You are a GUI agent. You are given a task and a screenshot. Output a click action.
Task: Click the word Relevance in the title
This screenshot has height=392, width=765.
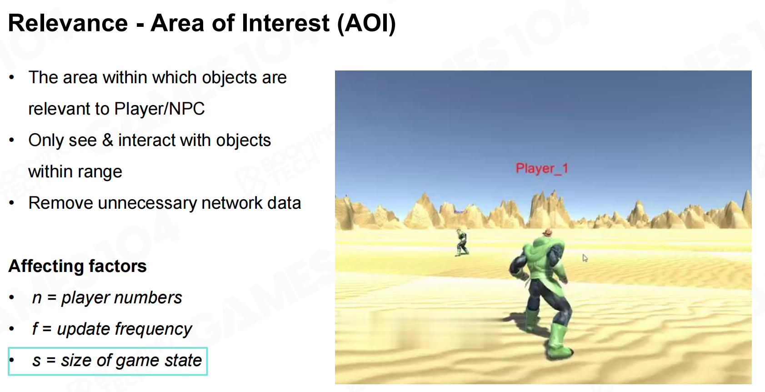click(x=68, y=23)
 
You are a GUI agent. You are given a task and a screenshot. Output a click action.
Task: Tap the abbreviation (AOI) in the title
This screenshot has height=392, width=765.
click(x=366, y=24)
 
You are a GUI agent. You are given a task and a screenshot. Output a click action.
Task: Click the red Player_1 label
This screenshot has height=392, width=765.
click(x=542, y=169)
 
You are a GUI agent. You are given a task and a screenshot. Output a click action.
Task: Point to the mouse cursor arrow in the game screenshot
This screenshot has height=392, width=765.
click(x=585, y=258)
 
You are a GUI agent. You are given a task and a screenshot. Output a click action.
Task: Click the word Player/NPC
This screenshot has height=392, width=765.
click(x=159, y=109)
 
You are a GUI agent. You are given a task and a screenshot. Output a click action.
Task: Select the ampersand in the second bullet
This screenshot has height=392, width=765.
click(x=108, y=140)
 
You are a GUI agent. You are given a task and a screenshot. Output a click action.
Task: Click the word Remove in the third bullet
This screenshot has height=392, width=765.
click(x=61, y=203)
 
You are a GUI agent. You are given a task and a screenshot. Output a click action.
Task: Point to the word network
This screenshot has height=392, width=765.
click(x=232, y=203)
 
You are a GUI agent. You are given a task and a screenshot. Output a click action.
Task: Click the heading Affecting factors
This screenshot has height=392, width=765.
click(x=78, y=266)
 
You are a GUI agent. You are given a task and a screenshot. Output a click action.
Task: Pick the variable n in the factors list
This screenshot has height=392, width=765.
click(x=37, y=298)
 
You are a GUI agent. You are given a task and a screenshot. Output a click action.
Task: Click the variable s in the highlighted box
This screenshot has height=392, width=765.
click(x=36, y=361)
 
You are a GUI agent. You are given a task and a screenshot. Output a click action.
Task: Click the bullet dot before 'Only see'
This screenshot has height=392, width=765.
click(x=12, y=140)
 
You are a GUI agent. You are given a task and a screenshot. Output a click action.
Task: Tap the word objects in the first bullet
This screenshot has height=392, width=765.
click(x=229, y=78)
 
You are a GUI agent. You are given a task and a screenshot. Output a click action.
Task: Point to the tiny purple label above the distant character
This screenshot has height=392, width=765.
click(x=460, y=212)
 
